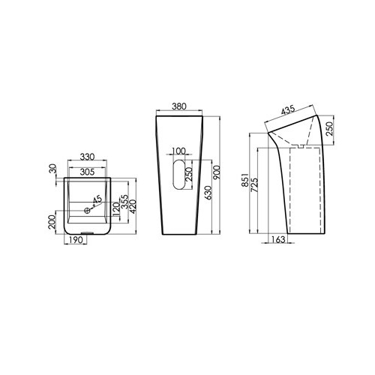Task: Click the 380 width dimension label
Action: point(179,106)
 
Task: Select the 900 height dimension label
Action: point(217,172)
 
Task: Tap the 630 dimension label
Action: point(208,193)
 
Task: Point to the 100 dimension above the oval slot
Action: point(179,151)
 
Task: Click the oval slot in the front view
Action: point(179,175)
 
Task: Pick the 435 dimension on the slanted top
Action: point(288,110)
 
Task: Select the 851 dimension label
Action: point(245,180)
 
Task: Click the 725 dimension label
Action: point(254,185)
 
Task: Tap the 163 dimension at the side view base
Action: point(277,239)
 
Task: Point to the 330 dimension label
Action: point(87,157)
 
